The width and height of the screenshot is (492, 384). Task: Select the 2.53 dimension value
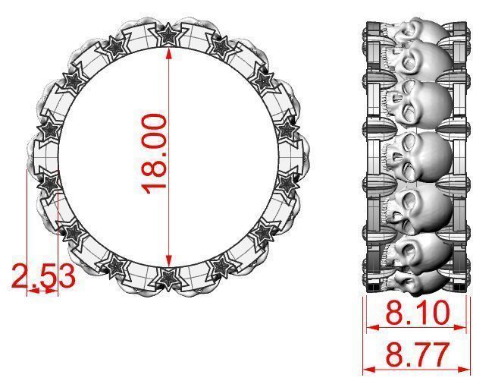43,277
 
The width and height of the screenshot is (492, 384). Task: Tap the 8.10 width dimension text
416,312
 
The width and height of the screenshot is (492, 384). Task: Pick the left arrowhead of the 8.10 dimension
371,328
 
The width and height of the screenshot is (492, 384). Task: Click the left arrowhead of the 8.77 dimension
368,370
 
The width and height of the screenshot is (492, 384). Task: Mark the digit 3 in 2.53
66,277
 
